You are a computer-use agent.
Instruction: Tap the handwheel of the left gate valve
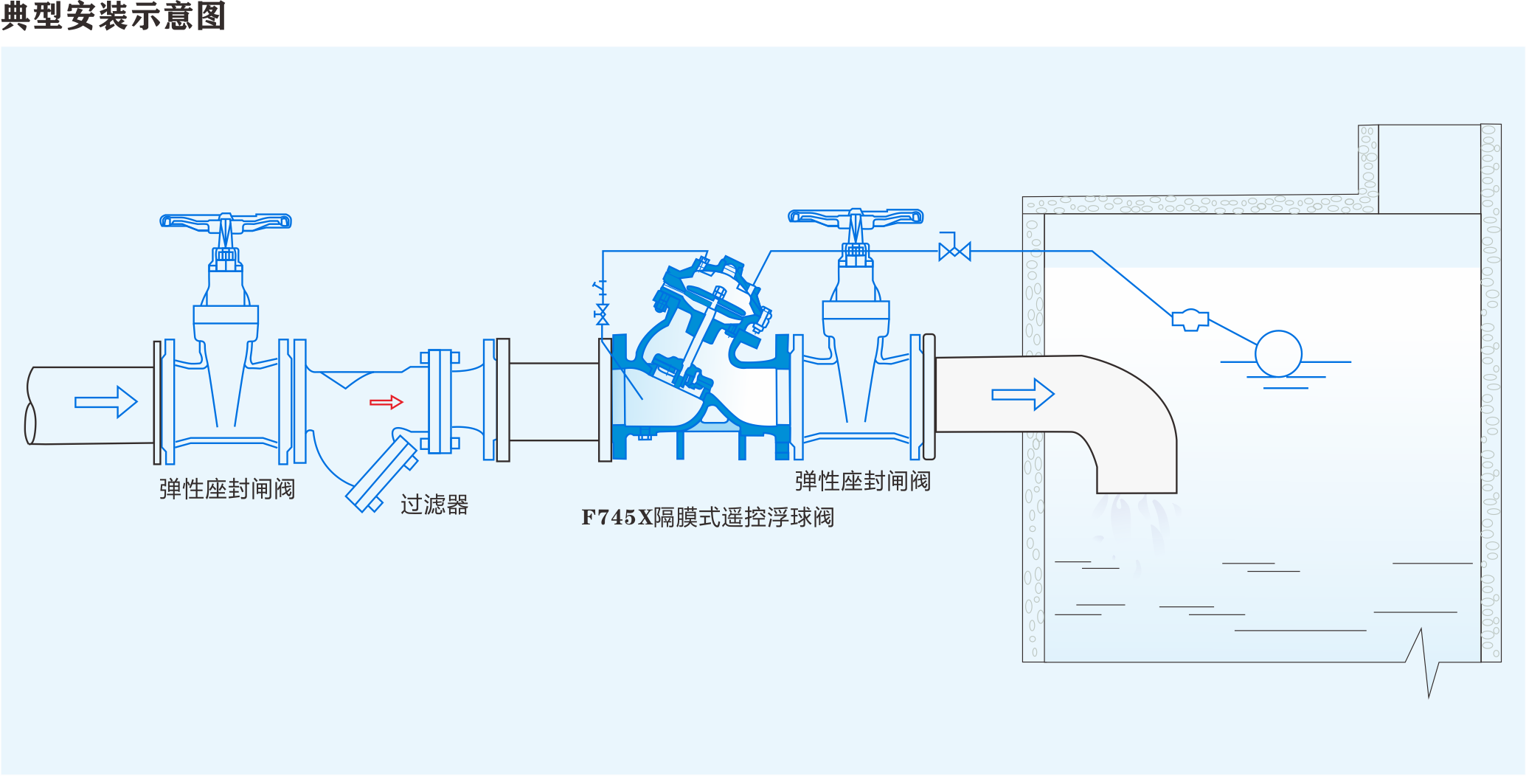[x=226, y=221]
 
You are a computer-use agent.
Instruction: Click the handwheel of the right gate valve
[x=856, y=216]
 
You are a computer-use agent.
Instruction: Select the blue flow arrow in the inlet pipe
[x=106, y=402]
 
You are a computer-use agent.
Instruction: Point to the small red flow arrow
[x=386, y=402]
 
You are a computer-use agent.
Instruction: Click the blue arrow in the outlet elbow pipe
[x=1023, y=394]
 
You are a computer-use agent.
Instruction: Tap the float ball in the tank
[x=1278, y=354]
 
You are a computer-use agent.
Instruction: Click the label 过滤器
[x=434, y=505]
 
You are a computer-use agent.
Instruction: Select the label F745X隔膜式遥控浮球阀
[x=707, y=517]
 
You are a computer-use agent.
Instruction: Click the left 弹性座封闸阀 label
[x=227, y=489]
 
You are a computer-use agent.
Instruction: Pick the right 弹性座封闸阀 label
[x=863, y=481]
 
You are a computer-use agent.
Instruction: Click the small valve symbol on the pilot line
[x=954, y=252]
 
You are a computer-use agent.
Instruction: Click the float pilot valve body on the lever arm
[x=1190, y=319]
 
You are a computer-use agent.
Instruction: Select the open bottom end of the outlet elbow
[x=1136, y=491]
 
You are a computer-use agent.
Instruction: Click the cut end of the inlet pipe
[x=30, y=406]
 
